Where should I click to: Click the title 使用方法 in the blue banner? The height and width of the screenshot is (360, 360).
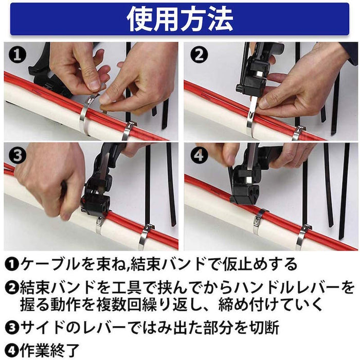(x=180, y=19)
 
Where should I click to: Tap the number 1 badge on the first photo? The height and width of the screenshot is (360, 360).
(x=17, y=56)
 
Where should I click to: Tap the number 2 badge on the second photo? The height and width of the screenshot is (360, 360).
(x=199, y=56)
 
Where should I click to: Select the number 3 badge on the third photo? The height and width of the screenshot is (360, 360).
(x=17, y=155)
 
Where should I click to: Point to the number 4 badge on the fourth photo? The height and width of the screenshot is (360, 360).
(x=199, y=155)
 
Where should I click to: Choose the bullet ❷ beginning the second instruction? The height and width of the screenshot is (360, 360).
(x=11, y=288)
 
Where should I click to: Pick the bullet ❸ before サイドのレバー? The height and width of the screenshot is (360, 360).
(x=11, y=327)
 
